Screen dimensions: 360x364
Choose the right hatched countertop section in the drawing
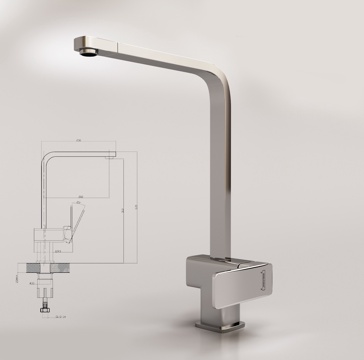click(67, 269)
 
